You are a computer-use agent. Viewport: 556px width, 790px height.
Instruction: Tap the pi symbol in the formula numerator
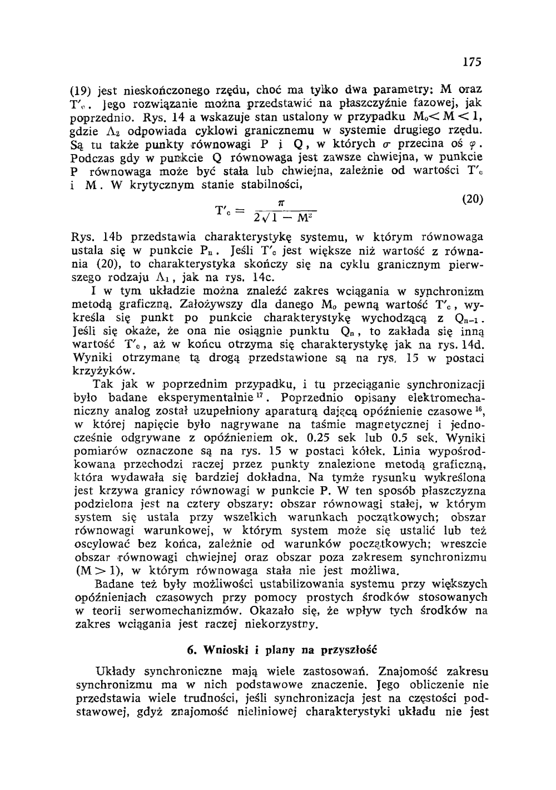coord(283,204)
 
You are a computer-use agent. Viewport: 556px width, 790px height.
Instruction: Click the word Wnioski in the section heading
coord(221,649)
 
